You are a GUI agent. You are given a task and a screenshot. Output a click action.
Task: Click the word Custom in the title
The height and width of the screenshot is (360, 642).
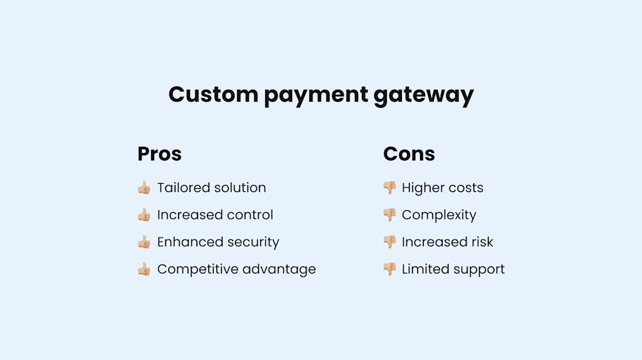pos(212,95)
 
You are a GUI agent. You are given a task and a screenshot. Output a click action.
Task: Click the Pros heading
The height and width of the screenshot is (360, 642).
pos(159,154)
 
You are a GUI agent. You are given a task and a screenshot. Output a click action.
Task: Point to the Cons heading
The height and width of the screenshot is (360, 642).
pos(409,154)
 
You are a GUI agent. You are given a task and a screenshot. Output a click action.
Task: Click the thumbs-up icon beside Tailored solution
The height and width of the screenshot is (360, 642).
pos(144,188)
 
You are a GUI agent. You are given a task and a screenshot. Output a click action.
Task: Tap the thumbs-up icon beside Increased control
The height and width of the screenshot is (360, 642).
pos(144,215)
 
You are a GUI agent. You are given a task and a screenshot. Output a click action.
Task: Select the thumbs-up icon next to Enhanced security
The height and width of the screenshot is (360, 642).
pos(144,242)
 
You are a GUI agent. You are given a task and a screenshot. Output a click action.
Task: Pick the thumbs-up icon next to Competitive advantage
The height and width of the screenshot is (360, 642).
pos(144,270)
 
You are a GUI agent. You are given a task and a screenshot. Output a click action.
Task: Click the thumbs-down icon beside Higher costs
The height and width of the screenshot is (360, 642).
pos(389,188)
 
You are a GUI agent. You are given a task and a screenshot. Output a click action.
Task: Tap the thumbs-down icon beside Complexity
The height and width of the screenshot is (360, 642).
pos(389,215)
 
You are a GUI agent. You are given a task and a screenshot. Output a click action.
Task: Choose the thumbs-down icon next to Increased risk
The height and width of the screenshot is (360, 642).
pos(389,242)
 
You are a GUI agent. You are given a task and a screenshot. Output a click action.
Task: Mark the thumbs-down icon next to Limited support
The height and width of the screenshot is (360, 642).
pos(389,270)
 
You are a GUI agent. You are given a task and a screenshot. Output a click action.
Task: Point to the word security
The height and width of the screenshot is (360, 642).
pos(254,243)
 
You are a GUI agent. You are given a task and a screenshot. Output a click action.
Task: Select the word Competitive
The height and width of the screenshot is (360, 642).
pos(196,270)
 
